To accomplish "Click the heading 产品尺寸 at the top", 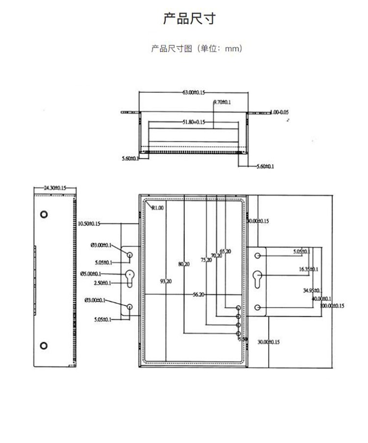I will point(189,20).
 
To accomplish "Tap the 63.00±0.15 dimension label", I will point(194,92).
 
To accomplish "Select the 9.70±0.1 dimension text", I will point(222,102).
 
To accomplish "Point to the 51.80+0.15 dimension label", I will point(193,122).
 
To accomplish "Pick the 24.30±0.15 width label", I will point(54,188).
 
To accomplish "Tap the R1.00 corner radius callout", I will point(158,208).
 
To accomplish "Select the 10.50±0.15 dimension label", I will point(89,223).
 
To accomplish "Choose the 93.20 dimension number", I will point(166,281).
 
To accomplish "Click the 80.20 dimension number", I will point(184,264).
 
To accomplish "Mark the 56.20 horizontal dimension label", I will point(199,295).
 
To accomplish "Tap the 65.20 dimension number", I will point(225,251).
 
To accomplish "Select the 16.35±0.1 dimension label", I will point(308,269).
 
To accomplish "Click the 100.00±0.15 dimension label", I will point(332,305).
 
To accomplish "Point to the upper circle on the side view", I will point(44,215).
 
